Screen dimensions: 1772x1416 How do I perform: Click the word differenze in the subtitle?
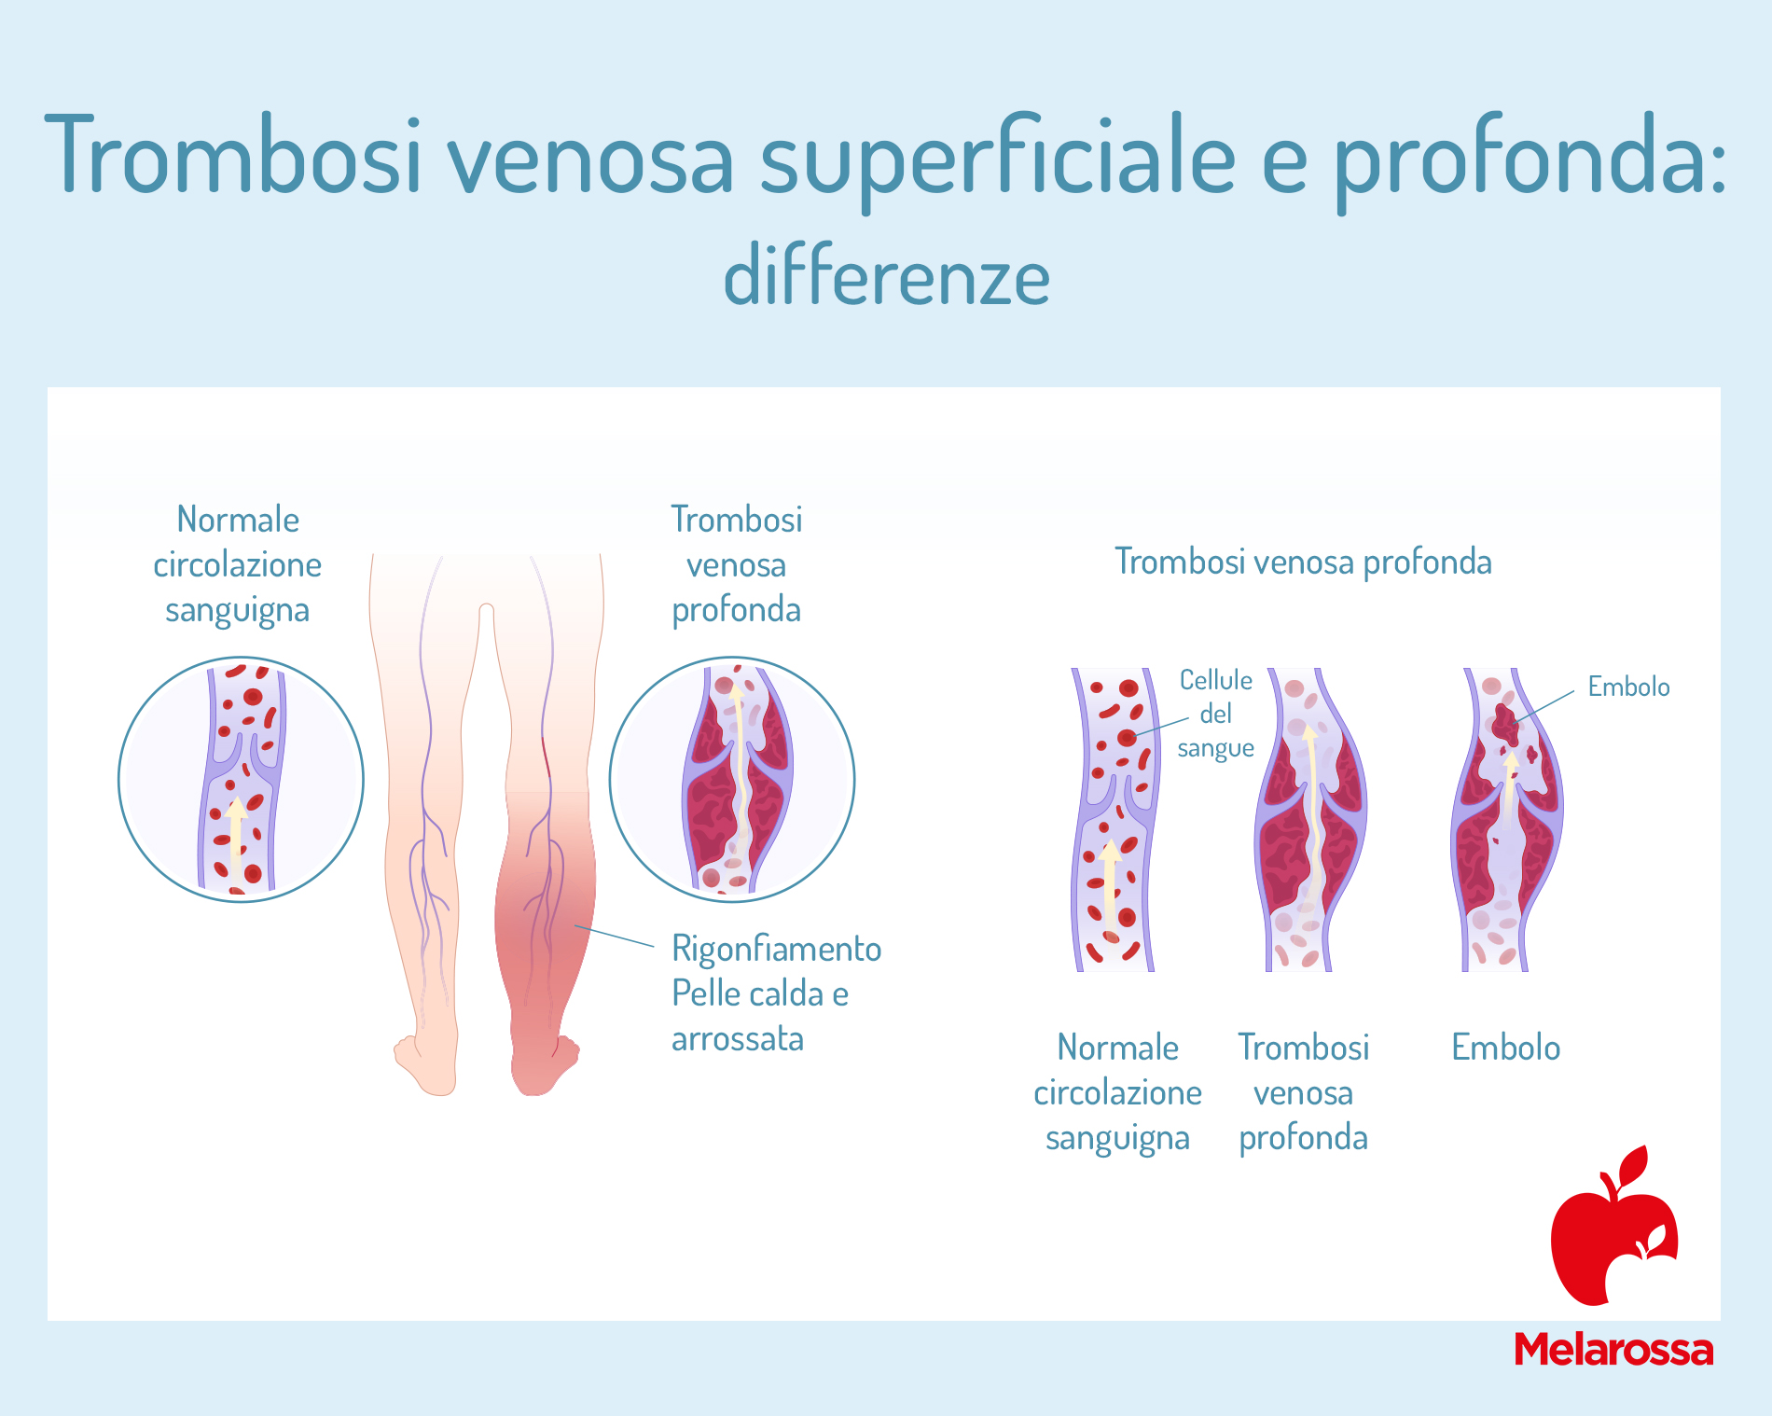click(887, 275)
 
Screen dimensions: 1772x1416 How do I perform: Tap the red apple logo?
click(1613, 1226)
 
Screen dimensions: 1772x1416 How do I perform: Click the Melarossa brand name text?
click(1613, 1350)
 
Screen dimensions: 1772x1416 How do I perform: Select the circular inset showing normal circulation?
click(241, 779)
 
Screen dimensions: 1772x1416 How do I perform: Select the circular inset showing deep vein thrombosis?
click(732, 779)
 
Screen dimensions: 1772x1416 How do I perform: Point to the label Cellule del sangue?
click(1215, 714)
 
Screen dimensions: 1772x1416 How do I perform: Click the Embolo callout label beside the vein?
click(1628, 687)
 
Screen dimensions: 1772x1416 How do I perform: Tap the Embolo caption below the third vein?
click(1505, 1048)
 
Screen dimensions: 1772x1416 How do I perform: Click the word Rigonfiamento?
click(777, 949)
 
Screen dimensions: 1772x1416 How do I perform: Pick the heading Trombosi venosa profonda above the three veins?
click(1303, 562)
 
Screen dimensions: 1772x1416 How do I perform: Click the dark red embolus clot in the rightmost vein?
click(1505, 722)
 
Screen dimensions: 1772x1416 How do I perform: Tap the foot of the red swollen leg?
click(544, 1063)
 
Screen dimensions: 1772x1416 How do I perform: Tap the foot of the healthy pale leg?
click(427, 1063)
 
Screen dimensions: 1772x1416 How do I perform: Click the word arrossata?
click(738, 1038)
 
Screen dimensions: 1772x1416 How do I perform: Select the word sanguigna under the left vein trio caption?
click(1117, 1139)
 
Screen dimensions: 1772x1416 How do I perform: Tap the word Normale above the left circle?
click(238, 520)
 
